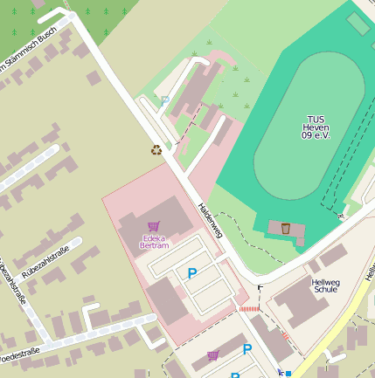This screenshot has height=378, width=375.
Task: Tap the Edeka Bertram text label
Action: [x=154, y=241]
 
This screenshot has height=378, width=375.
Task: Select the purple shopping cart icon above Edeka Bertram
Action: [x=154, y=227]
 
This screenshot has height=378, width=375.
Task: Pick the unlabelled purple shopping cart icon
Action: [x=213, y=355]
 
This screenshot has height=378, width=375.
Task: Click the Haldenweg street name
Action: [x=210, y=222]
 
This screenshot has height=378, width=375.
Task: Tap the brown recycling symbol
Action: [x=156, y=149]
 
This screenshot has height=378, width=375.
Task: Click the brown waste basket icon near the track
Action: [x=285, y=228]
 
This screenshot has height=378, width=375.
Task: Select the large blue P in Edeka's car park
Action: [x=192, y=274]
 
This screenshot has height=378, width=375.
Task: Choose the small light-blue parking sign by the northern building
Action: [x=164, y=100]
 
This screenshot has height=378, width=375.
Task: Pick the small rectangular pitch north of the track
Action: [x=358, y=24]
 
